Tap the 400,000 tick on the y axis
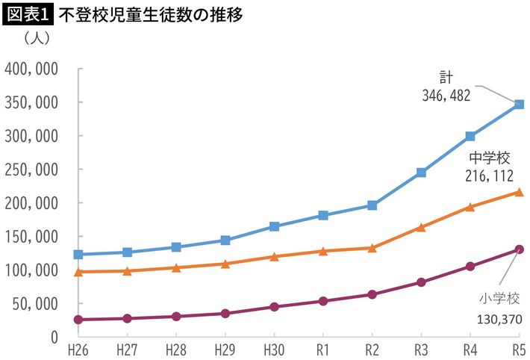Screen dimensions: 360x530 pyautogui.click(x=33, y=69)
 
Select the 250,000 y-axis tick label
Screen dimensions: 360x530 pyautogui.click(x=33, y=170)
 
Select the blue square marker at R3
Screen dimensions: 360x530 pyautogui.click(x=422, y=173)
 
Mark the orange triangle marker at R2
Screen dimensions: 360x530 pyautogui.click(x=372, y=247)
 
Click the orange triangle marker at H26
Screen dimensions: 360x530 pyautogui.click(x=78, y=271)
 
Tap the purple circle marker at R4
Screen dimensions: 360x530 pyautogui.click(x=470, y=267)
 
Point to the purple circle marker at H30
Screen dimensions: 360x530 pyautogui.click(x=274, y=307)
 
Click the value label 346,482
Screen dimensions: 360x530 pyautogui.click(x=446, y=96)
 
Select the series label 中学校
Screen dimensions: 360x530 pyautogui.click(x=489, y=158)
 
